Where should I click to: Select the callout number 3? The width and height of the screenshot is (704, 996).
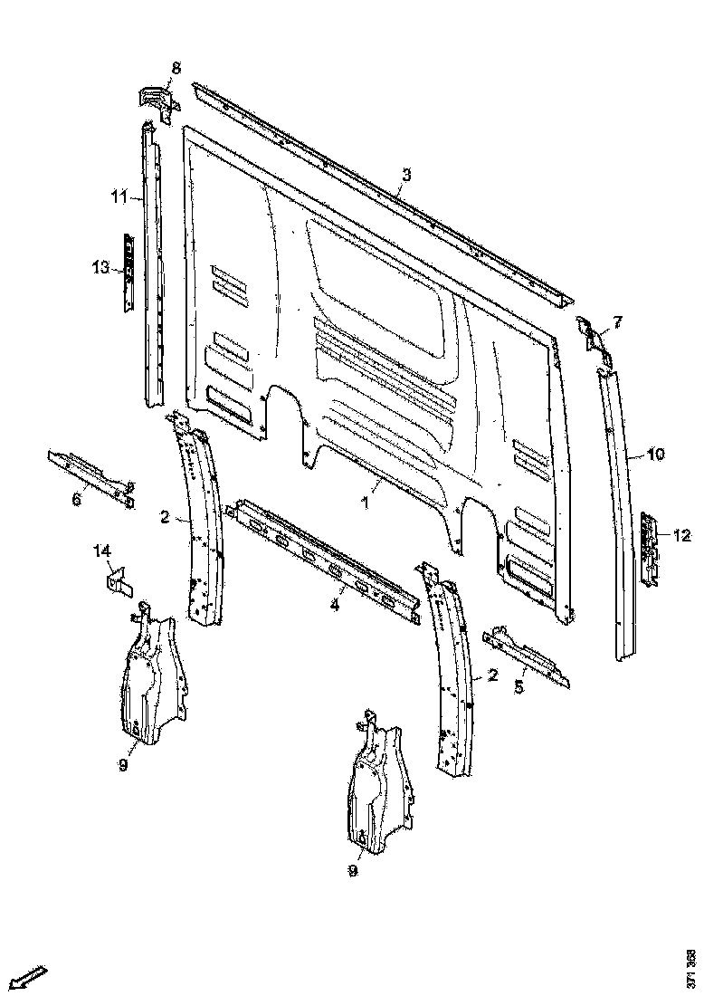[x=406, y=175]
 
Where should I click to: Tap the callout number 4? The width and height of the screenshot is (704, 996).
[x=335, y=605]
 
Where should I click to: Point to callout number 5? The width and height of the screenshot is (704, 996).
[x=518, y=687]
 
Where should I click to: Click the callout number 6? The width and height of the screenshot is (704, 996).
[x=76, y=499]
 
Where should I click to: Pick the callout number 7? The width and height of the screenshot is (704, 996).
[x=617, y=321]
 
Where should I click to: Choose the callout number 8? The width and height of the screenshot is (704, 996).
[x=176, y=67]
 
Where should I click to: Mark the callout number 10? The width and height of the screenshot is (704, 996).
[x=656, y=455]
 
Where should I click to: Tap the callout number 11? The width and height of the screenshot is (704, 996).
[x=119, y=196]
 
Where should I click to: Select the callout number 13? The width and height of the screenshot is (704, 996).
[x=100, y=267]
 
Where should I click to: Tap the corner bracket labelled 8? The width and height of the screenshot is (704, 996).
[x=156, y=101]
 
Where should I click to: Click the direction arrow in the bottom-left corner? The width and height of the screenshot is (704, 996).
[x=30, y=977]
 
